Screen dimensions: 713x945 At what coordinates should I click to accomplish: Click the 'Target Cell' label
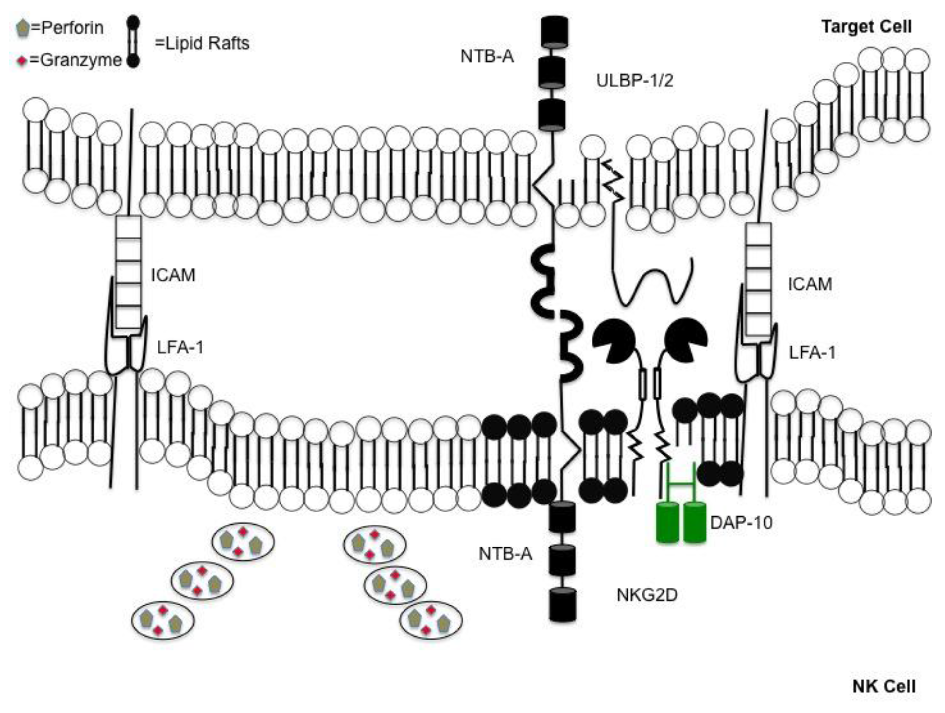click(x=866, y=27)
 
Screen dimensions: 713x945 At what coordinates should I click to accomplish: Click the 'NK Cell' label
click(x=883, y=686)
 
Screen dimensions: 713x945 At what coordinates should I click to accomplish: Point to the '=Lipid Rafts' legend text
click(x=202, y=43)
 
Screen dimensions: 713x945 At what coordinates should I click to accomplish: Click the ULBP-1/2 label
click(x=635, y=80)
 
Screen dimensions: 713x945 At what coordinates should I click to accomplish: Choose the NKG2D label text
click(x=647, y=595)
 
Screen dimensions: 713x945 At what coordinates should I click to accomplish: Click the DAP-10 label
click(x=741, y=522)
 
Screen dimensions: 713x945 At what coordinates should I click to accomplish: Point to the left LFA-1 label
click(x=180, y=347)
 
